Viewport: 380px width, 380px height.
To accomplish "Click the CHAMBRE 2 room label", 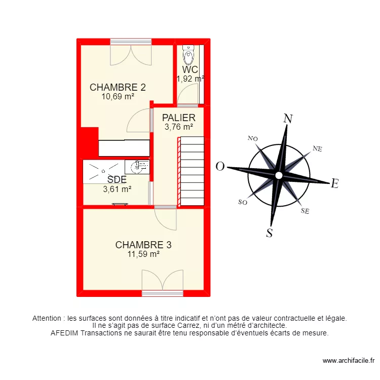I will (x=118, y=87).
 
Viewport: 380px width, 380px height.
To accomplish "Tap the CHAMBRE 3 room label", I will (x=143, y=245).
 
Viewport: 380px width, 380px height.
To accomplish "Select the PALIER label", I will (x=178, y=118).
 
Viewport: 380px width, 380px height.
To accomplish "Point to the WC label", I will (x=190, y=70).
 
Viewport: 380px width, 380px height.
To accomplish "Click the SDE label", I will (x=117, y=179).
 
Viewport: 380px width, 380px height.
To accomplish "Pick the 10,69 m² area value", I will (x=118, y=96).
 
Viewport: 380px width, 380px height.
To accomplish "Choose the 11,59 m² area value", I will (x=143, y=254).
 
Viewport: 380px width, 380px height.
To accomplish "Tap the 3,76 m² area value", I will (x=178, y=127).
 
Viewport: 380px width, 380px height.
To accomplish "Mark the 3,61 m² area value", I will (x=117, y=189).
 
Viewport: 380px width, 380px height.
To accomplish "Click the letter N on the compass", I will (x=288, y=119).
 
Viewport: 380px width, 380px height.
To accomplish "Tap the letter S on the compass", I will (x=270, y=233).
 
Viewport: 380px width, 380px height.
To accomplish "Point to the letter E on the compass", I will (x=334, y=184).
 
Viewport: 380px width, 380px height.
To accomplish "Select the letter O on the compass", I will (x=220, y=166).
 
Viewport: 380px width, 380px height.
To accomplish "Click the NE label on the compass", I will (x=318, y=148).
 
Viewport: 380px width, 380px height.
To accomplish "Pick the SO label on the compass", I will (x=242, y=202).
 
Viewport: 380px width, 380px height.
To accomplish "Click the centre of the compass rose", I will (x=278, y=175).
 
